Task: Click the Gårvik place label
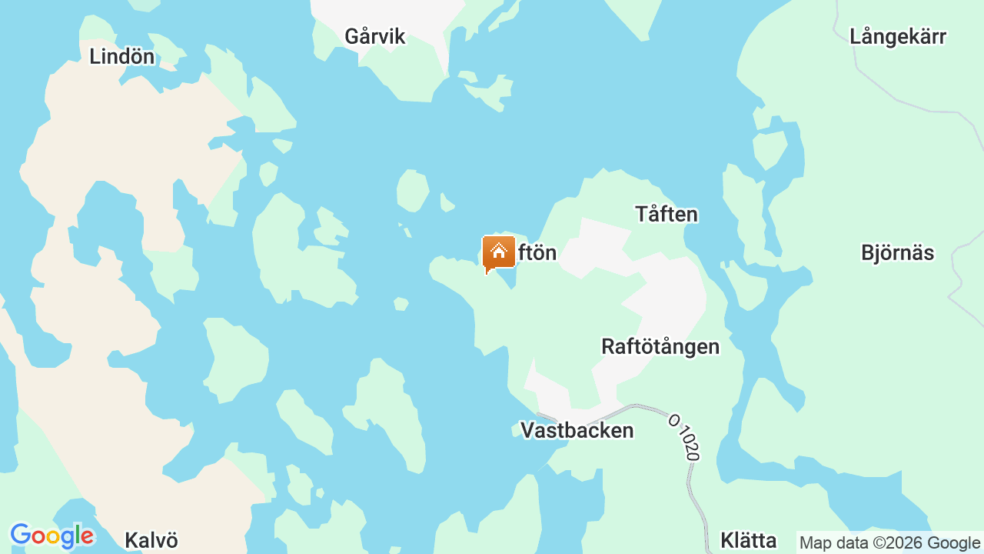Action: click(374, 36)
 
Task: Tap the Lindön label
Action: click(121, 56)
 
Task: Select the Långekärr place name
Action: click(897, 36)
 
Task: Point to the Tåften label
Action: click(666, 214)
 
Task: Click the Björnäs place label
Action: click(897, 252)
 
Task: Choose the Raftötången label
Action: click(660, 346)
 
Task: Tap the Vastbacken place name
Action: click(577, 430)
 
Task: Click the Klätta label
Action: click(748, 540)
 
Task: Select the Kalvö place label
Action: click(151, 540)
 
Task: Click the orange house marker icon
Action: click(498, 253)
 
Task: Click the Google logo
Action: click(52, 536)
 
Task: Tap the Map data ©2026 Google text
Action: click(889, 543)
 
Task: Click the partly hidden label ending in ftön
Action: click(537, 252)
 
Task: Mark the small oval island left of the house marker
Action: click(413, 190)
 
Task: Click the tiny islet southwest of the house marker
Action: click(401, 304)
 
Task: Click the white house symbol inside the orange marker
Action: click(498, 251)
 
